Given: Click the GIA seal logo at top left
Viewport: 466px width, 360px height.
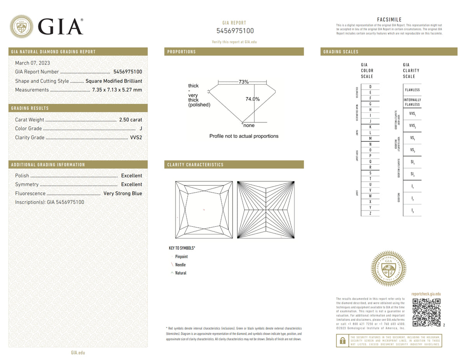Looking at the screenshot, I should [x=21, y=26].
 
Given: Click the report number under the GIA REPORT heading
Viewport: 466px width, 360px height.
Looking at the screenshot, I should [x=235, y=31].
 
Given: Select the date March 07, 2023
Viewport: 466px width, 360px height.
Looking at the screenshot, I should [x=33, y=63].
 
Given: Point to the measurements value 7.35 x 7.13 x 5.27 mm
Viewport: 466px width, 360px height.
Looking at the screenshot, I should [x=117, y=90].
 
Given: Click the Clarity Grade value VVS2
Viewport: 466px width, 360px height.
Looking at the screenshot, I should [x=136, y=137].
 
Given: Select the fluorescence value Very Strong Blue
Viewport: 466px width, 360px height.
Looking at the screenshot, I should [x=123, y=193].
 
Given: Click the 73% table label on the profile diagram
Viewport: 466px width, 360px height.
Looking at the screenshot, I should [x=243, y=82].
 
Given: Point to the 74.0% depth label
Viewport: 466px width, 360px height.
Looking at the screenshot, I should [x=252, y=99].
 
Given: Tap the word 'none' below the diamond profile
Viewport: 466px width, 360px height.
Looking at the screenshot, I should [x=249, y=125].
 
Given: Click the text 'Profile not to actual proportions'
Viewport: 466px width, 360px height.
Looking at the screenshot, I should [x=244, y=136].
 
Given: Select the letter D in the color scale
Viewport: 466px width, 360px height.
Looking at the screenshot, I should [x=370, y=87].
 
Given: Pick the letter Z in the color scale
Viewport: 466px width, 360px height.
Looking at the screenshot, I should [x=370, y=213].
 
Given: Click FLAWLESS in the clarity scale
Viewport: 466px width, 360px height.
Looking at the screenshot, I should [x=412, y=90].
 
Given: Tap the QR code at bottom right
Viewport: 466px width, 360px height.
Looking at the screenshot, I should [x=426, y=312].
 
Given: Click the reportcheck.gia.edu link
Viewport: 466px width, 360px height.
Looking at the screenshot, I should [x=426, y=294].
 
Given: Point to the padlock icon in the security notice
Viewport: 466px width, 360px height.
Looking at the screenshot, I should [x=343, y=341].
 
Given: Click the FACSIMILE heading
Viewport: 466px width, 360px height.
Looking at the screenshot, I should [x=389, y=19].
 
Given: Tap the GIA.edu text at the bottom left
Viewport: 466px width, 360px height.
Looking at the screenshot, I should [x=78, y=353].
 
